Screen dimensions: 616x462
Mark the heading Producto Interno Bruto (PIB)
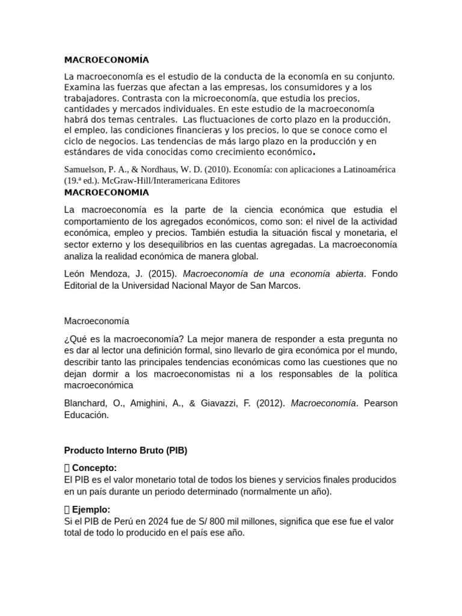coord(126,451)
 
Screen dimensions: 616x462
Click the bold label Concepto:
coord(94,468)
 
